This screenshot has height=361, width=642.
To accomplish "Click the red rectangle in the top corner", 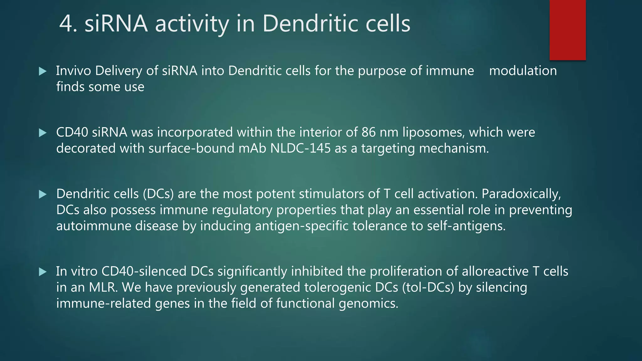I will coord(567,30).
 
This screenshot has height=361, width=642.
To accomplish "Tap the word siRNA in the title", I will coord(116,24).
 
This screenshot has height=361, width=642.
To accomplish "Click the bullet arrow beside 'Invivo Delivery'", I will coord(43,71).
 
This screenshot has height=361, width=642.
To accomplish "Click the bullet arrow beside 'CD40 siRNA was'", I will coord(43,133).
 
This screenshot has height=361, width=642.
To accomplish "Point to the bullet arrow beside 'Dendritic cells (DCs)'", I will coord(43,195).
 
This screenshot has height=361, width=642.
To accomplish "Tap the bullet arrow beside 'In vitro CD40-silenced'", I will coord(43,272).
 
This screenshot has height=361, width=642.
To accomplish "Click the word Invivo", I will coord(73,71).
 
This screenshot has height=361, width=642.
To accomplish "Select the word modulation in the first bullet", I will coord(523,71).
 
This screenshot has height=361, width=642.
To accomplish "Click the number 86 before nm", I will coord(368,132).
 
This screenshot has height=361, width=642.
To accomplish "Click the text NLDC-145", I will coord(300,148).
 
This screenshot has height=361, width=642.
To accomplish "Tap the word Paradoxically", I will coord(521,194).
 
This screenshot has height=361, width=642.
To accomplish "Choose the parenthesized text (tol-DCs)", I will coord(428,287).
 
